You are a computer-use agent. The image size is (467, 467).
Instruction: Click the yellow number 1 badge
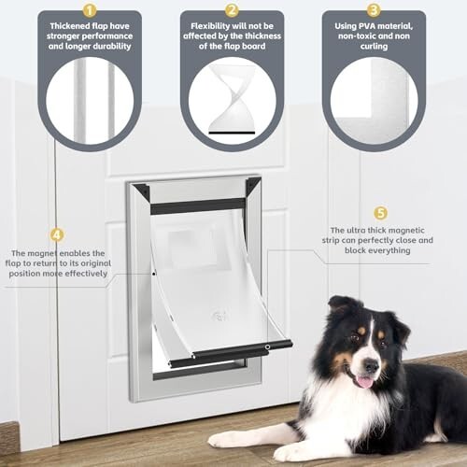pyautogui.click(x=90, y=10)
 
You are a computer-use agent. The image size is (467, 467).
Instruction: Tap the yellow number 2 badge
pyautogui.click(x=232, y=10)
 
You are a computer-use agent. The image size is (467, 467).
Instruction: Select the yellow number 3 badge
pyautogui.click(x=374, y=10)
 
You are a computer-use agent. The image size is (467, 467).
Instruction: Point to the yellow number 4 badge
pyautogui.click(x=57, y=235)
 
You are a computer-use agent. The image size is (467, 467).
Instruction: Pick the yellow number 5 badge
pyautogui.click(x=380, y=213)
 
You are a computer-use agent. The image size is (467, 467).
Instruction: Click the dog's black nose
pyautogui.click(x=371, y=365)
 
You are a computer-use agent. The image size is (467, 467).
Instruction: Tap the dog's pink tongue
pyautogui.click(x=364, y=382)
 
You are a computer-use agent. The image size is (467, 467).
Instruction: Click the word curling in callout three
pyautogui.click(x=374, y=47)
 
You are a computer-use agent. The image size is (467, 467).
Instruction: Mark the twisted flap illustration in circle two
pyautogui.click(x=232, y=99)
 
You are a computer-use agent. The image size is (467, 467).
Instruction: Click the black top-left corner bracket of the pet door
pyautogui.click(x=142, y=191)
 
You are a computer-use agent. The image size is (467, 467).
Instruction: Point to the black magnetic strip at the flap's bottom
pyautogui.click(x=231, y=354)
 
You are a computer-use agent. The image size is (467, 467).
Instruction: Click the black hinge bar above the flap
pyautogui.click(x=198, y=206)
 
